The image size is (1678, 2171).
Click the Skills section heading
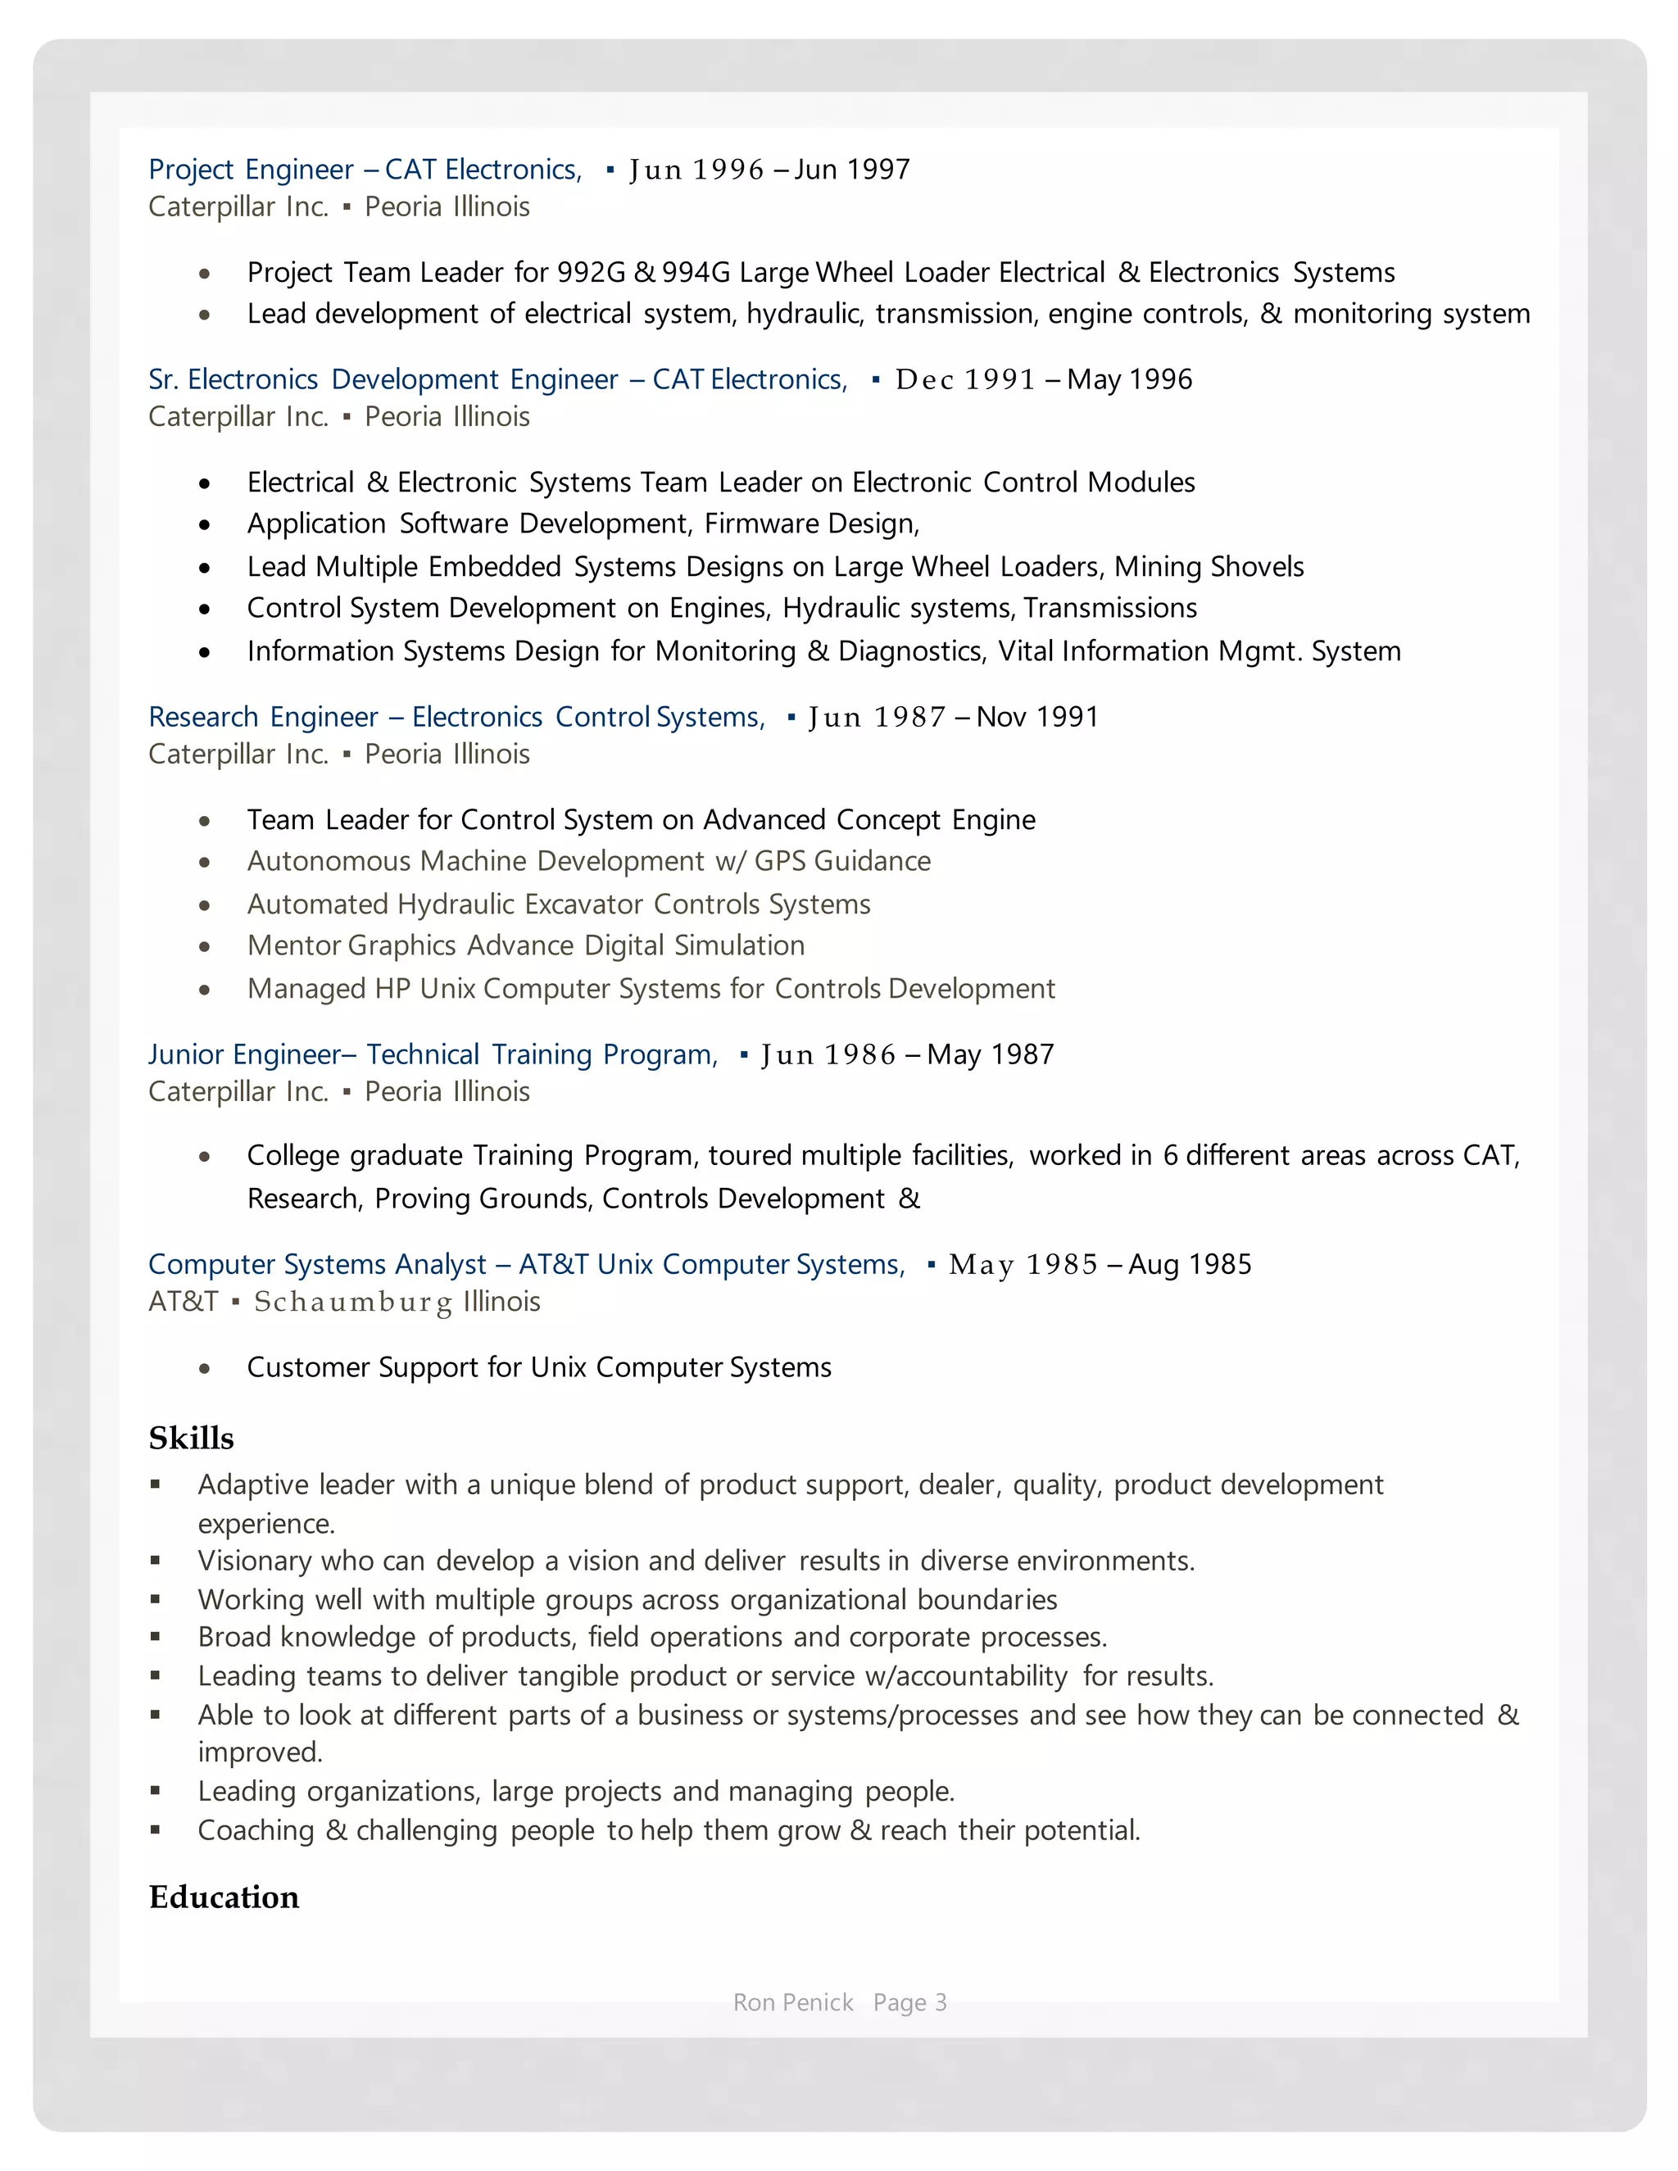pos(191,1439)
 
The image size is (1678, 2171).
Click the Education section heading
pos(224,1897)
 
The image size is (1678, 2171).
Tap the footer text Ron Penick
pos(792,2002)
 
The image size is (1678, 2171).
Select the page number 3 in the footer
pos(941,2002)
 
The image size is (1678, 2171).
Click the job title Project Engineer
pos(251,169)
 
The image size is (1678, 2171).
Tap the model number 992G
pos(591,272)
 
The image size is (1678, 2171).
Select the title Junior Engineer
pos(244,1054)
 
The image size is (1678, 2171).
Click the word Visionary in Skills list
pos(258,1561)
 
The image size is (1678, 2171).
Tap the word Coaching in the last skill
pos(256,1830)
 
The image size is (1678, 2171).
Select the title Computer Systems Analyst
pos(317,1264)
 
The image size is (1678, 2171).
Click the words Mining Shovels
pos(1209,567)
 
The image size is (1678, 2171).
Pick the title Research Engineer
pos(262,717)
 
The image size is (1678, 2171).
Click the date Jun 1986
pos(828,1054)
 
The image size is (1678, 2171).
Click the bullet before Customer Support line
pos(205,1369)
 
